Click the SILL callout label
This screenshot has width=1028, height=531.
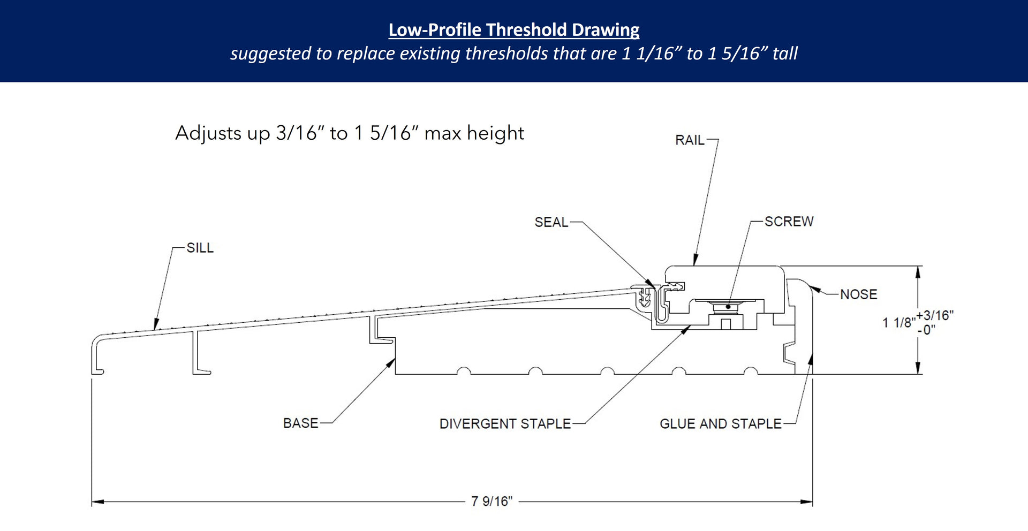click(200, 248)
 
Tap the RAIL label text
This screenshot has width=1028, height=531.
click(689, 140)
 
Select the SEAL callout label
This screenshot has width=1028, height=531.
click(551, 222)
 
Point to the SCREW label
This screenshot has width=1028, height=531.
click(789, 222)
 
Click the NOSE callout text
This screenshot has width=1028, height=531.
click(858, 294)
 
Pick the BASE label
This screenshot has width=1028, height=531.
click(300, 423)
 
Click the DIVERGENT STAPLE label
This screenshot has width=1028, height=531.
click(505, 424)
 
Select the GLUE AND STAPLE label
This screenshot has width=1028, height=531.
click(720, 424)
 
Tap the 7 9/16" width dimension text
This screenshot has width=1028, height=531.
click(492, 502)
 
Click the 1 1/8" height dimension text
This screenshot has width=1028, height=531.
click(897, 323)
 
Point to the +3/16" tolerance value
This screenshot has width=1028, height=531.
click(935, 315)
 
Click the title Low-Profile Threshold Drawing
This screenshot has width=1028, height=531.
click(513, 30)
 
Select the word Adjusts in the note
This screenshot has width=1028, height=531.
click(208, 133)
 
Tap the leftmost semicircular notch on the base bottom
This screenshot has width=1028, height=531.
click(464, 371)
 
